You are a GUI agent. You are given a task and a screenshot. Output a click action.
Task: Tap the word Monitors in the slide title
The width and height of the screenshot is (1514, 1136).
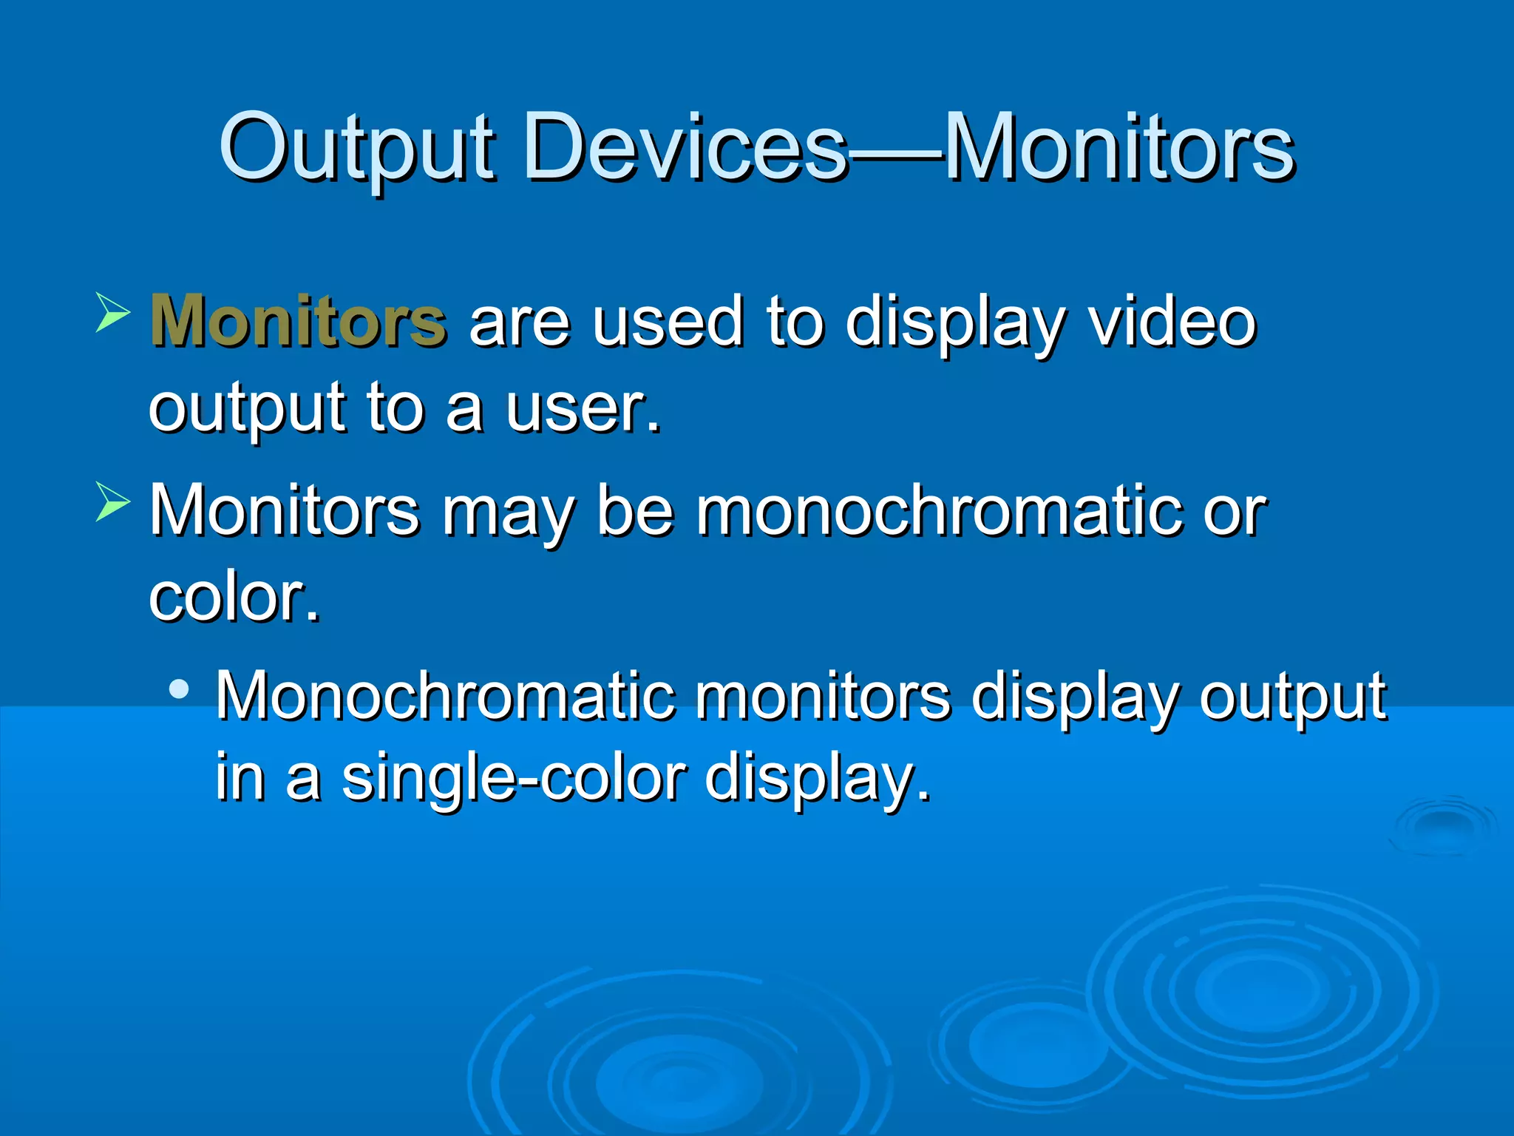(1119, 148)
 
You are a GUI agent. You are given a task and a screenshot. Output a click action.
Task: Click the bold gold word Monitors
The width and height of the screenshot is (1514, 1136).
(298, 321)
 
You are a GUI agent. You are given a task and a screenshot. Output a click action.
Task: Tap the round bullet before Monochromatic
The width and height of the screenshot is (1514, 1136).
(179, 689)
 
